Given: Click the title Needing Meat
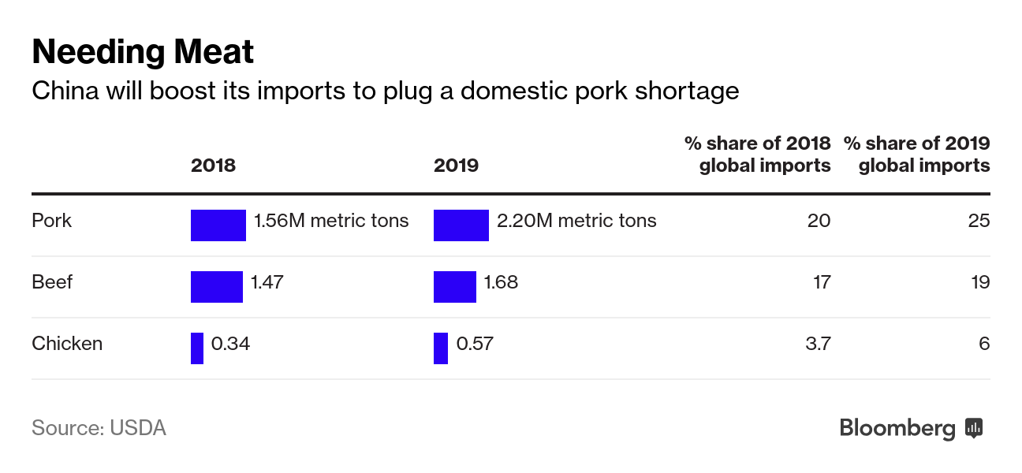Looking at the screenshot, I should click(x=143, y=52).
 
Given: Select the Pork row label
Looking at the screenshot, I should click(x=51, y=220).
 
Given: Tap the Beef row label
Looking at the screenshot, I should click(x=52, y=281).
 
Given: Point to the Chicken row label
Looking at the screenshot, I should click(x=67, y=344).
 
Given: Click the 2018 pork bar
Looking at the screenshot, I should click(x=218, y=225).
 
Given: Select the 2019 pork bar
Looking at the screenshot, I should click(x=461, y=225).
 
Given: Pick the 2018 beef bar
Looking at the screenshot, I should click(x=216, y=286).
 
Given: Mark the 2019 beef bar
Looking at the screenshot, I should click(x=454, y=286).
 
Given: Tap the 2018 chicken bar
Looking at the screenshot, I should click(x=197, y=348).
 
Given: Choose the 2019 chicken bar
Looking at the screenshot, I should click(x=441, y=348).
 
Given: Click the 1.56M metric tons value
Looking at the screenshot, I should click(x=331, y=220).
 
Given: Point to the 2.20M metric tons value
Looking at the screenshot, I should click(x=576, y=220).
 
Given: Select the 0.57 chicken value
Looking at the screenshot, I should click(x=475, y=344).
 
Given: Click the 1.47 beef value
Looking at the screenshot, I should click(x=267, y=281).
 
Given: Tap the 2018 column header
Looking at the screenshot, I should click(x=213, y=165).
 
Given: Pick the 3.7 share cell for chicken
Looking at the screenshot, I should click(x=819, y=344).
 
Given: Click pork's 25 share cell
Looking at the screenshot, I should click(x=979, y=220).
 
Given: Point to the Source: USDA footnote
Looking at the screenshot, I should click(x=99, y=428).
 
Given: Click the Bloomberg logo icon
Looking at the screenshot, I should click(x=974, y=428).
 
